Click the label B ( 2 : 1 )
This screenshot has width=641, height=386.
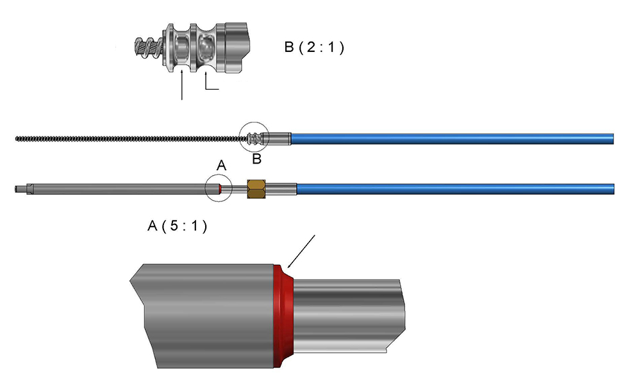pyautogui.click(x=314, y=47)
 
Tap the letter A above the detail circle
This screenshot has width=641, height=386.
pyautogui.click(x=221, y=166)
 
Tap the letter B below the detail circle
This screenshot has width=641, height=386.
pyautogui.click(x=256, y=158)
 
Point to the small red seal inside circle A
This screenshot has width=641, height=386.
pyautogui.click(x=220, y=189)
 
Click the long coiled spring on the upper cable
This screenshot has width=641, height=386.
pyautogui.click(x=128, y=137)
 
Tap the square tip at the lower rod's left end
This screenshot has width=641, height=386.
pyautogui.click(x=20, y=189)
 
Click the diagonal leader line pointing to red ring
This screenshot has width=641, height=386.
pyautogui.click(x=301, y=251)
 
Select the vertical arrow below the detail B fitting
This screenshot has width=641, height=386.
pyautogui.click(x=183, y=87)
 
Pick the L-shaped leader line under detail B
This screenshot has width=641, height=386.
pyautogui.click(x=208, y=84)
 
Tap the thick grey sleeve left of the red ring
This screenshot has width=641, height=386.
pyautogui.click(x=205, y=314)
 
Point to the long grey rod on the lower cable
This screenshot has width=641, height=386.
pyautogui.click(x=122, y=189)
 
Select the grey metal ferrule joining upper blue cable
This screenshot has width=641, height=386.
pyautogui.click(x=279, y=137)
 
